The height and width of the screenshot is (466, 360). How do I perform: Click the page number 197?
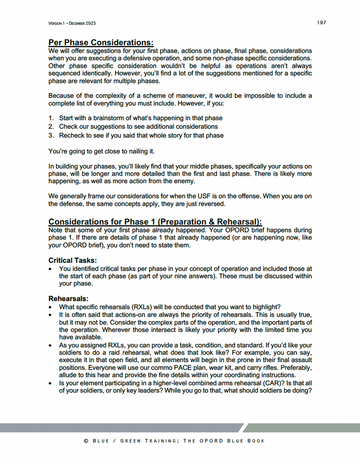(321, 23)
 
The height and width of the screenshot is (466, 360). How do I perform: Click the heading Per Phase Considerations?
(101, 43)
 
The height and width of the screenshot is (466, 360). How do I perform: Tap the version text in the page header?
(72, 23)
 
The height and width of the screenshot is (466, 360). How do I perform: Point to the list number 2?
(51, 127)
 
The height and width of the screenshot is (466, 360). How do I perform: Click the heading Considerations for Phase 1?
(155, 222)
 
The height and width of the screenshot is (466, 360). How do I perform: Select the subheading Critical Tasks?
(72, 260)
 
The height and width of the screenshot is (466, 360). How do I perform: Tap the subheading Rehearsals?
(68, 298)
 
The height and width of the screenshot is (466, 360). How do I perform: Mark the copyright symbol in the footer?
(86, 441)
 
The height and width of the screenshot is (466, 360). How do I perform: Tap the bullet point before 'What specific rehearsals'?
(51, 307)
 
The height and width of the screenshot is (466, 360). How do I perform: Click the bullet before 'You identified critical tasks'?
(51, 269)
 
